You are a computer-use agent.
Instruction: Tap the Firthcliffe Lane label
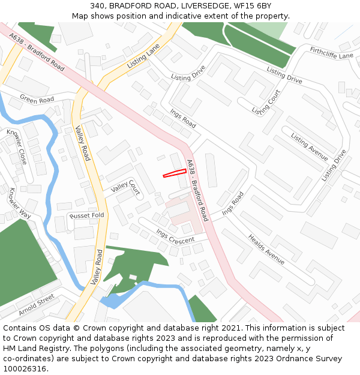[332, 52]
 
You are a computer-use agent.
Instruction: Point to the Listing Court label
[266, 103]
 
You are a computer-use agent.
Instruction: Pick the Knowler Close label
[17, 147]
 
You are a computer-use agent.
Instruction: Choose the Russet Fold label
[87, 215]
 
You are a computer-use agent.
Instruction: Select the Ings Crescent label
[175, 236]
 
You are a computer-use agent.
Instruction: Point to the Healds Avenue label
[266, 248]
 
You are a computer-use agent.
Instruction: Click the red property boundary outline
[175, 173]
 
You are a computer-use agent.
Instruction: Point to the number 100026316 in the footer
[25, 368]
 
